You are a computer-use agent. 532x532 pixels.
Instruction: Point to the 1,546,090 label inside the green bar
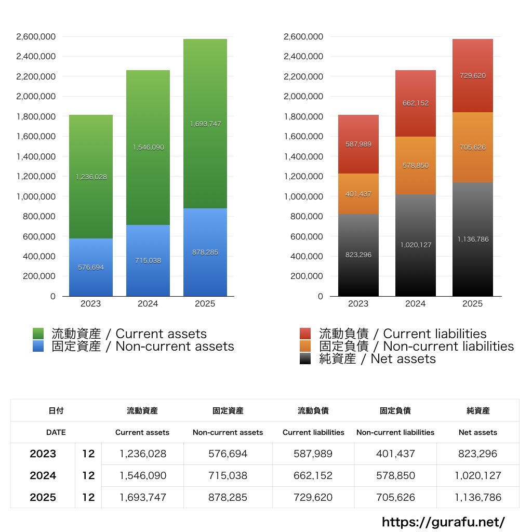point(148,148)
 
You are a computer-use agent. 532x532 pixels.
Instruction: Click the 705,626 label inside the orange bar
point(473,148)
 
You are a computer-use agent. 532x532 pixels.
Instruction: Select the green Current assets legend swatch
point(38,334)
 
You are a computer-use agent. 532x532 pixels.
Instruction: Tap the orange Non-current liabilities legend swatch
point(305,346)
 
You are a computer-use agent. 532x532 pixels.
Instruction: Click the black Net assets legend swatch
point(305,358)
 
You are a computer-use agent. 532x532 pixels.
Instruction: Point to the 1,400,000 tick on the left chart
point(36,156)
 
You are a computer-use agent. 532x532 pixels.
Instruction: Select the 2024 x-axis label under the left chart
point(148,304)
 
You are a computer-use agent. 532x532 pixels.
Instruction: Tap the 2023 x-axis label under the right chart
point(358,304)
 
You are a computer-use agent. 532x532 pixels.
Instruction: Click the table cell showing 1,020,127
point(478,475)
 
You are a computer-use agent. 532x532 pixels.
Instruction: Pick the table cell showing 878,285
point(228,497)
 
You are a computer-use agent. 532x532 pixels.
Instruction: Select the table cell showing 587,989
point(313,454)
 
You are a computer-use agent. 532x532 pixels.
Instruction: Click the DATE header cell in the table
point(56,432)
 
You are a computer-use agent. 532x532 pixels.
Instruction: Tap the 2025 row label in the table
point(43,497)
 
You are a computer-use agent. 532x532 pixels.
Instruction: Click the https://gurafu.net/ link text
point(443,522)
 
